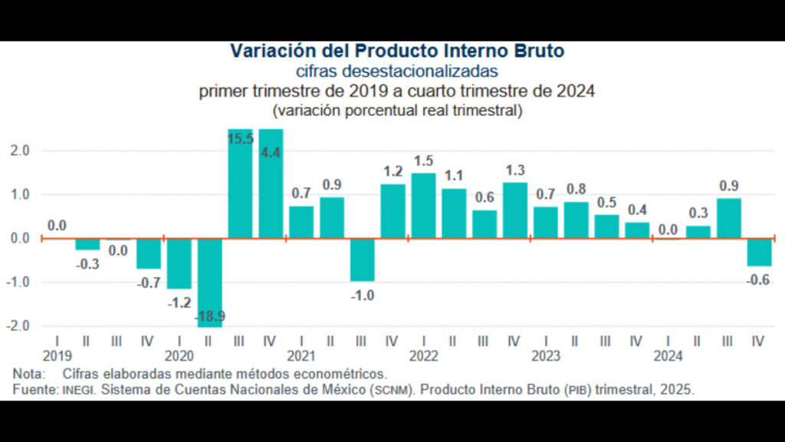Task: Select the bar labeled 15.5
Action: pos(240,184)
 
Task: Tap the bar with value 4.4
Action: pos(271,184)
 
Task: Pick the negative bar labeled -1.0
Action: pos(362,260)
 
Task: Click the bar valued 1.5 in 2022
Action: pos(423,206)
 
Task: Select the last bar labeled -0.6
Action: pos(760,252)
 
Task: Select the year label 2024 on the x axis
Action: pos(668,356)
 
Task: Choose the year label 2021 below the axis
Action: pos(301,356)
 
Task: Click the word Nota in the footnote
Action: pos(28,374)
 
